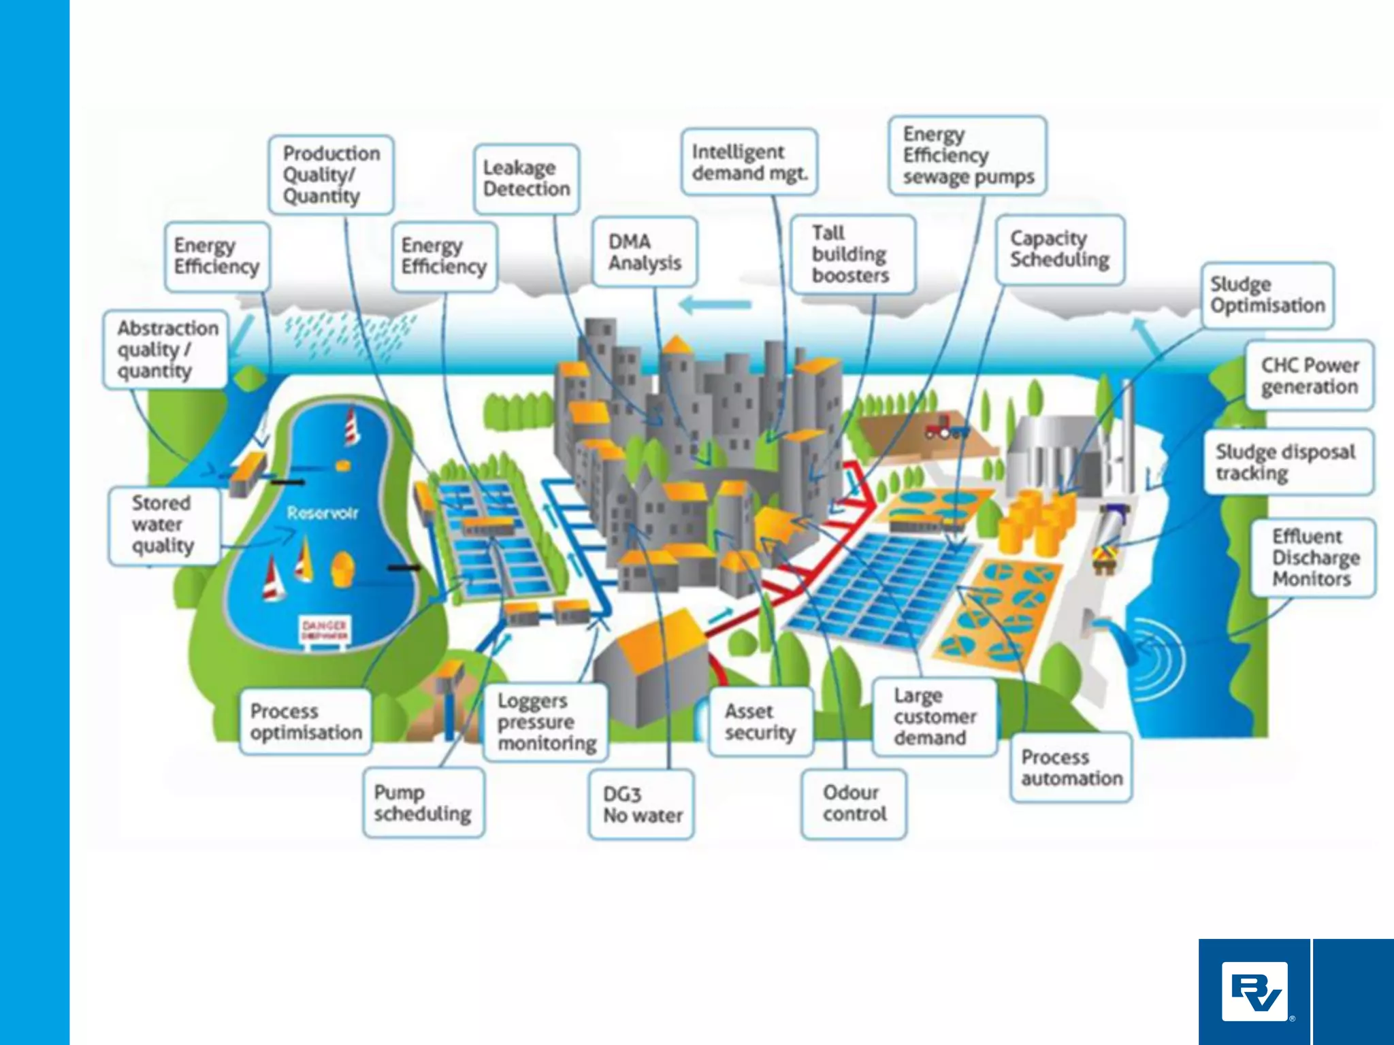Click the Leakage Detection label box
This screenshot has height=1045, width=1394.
tap(526, 178)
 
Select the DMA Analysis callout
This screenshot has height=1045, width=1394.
tap(645, 252)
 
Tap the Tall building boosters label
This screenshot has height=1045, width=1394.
tap(852, 254)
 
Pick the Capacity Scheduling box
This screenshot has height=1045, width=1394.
tap(1059, 249)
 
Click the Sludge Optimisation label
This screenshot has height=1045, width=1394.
tap(1267, 295)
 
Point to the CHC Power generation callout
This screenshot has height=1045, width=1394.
tap(1309, 376)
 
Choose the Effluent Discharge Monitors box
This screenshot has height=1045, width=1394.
tap(1313, 557)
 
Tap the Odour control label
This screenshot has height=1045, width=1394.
tap(854, 803)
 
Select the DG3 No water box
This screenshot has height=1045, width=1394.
tap(641, 804)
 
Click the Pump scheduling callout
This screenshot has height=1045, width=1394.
tap(423, 803)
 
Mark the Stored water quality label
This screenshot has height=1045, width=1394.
tap(163, 525)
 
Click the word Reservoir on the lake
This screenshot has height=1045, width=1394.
tap(323, 513)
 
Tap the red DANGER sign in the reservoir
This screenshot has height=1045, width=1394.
tap(325, 629)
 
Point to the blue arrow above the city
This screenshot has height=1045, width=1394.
tap(715, 305)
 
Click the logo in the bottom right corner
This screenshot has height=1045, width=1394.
tap(1254, 991)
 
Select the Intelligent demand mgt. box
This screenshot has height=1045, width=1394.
tap(749, 162)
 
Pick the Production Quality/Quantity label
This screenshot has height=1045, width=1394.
tap(331, 175)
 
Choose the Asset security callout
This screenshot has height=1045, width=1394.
tap(760, 722)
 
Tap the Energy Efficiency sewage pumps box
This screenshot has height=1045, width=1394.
tap(967, 156)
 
